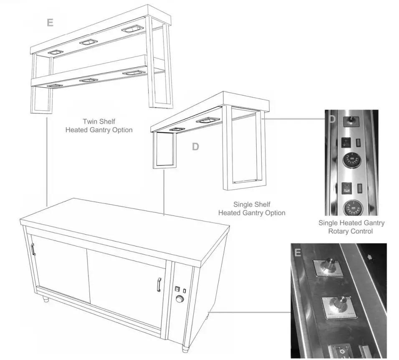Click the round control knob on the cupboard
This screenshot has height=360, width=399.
pos(180,299)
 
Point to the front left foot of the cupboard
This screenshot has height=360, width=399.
pos(45,299)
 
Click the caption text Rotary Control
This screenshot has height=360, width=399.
pos(351,231)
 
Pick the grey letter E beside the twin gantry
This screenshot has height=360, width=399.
pos(50,23)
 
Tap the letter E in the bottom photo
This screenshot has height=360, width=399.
pos(298,253)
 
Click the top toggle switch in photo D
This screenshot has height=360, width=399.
pos(350,121)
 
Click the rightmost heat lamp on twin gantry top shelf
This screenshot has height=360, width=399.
pos(131,30)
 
